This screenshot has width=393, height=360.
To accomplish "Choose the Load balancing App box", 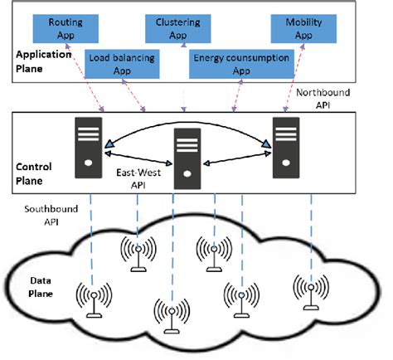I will click(x=124, y=65).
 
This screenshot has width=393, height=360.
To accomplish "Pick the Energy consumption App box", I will click(x=241, y=65).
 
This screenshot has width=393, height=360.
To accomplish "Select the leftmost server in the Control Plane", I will click(x=88, y=146).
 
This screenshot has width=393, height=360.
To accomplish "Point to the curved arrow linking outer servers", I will click(x=187, y=125).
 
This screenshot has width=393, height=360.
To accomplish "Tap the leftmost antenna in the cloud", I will click(x=92, y=299).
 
